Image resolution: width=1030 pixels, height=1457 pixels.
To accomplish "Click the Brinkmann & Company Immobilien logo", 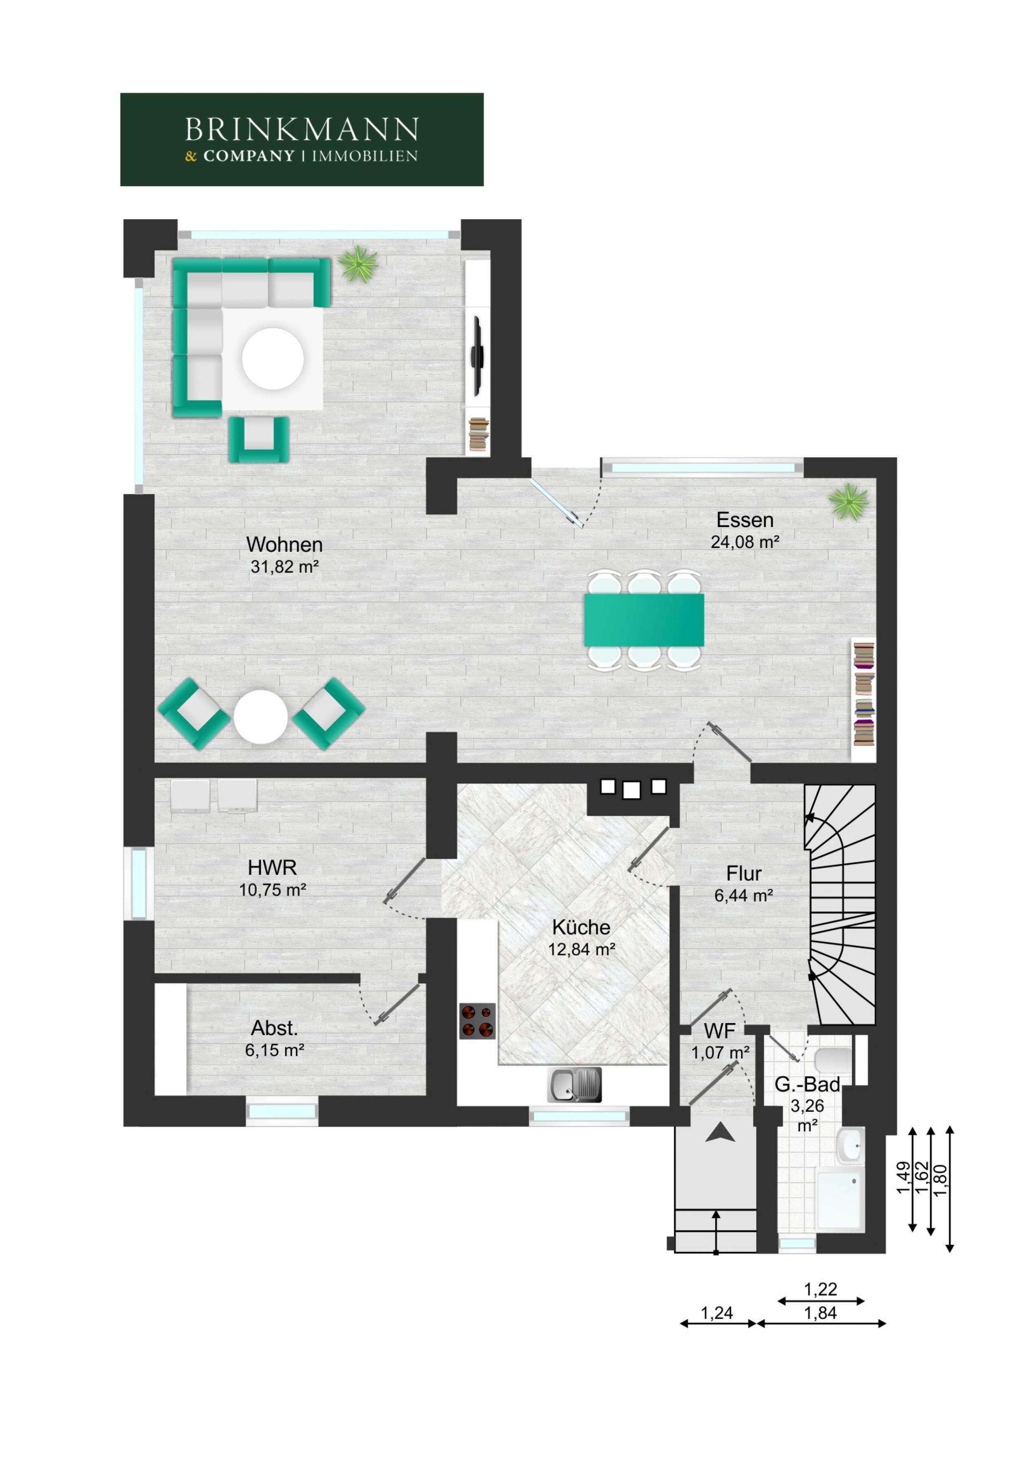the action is pos(302,140).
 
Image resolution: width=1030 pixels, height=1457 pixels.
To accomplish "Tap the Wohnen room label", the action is pos(284,544).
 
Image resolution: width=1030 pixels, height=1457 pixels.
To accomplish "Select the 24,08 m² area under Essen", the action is pos(744,542).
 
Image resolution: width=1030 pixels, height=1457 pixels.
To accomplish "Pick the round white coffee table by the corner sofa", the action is pos(273,358).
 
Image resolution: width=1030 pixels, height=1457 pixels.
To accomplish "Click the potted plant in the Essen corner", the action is pos(848,502).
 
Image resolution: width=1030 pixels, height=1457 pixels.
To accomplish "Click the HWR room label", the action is pos(272,867).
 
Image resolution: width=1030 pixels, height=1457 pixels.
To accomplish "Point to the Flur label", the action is pos(744,874).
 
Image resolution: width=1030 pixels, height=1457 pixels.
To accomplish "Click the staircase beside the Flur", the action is pos(840,905).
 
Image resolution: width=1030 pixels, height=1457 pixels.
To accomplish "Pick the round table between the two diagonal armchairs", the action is pos(260,717).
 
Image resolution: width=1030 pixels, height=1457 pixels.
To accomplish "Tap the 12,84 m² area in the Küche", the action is pos(581,949).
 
